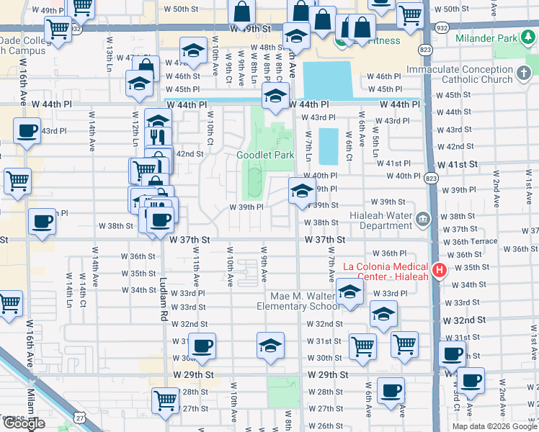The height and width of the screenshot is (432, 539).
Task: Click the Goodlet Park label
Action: pos(265,155)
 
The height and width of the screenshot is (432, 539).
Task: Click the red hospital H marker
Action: pos(440,271)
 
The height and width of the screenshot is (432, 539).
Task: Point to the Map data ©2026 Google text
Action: pos(494,426)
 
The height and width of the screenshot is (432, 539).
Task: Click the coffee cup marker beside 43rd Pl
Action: pos(27,131)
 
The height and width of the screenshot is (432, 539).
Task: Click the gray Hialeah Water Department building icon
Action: pos(422,217)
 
